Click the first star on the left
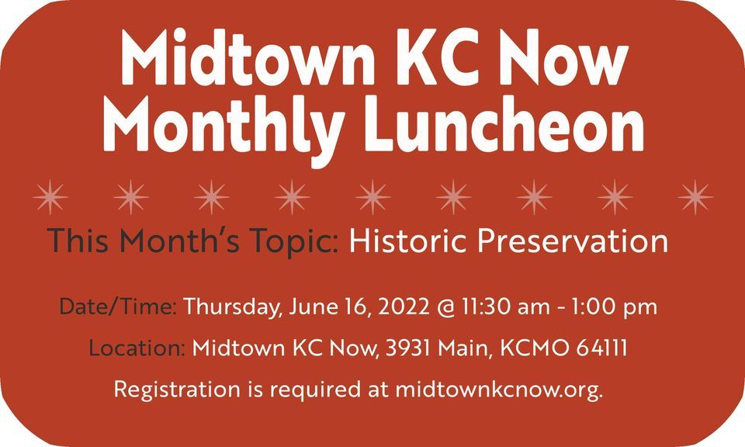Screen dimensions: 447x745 (x=50, y=197)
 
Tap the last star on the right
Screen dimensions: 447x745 (x=695, y=197)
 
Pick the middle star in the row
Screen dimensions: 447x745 (x=372, y=197)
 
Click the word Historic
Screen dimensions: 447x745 (x=406, y=241)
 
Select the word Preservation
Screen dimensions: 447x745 (x=573, y=241)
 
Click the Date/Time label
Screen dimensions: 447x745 (x=119, y=307)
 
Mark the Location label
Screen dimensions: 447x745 (x=137, y=348)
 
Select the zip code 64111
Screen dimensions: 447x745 (x=603, y=348)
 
